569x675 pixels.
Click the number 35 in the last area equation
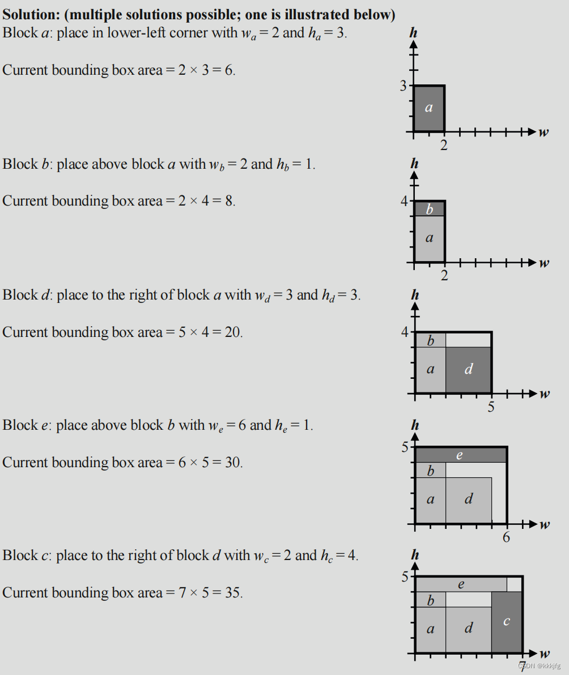(x=232, y=593)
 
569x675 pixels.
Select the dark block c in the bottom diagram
(x=507, y=622)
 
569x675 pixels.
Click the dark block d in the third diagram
(x=469, y=370)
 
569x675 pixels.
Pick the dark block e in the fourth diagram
(x=460, y=455)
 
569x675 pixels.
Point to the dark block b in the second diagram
(x=429, y=209)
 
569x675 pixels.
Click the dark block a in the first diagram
(x=429, y=108)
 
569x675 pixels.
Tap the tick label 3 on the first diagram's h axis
(x=404, y=86)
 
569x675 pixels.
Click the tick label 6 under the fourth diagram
(x=506, y=537)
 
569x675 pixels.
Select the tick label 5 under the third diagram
(x=491, y=407)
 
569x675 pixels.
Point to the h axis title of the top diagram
(x=414, y=33)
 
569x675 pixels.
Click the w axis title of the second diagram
(x=544, y=263)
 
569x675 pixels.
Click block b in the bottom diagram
(x=430, y=600)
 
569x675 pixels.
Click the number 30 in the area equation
(x=233, y=463)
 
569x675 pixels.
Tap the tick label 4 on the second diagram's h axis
(x=404, y=201)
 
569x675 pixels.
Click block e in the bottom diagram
(x=461, y=584)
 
